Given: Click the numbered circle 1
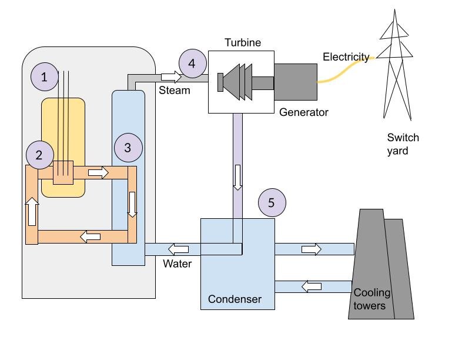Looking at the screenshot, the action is [x=45, y=76].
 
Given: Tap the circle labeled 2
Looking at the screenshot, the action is [x=40, y=155].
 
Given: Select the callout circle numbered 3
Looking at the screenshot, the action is [x=128, y=148].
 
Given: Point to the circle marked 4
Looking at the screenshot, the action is [x=193, y=64].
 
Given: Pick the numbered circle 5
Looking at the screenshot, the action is [x=272, y=202].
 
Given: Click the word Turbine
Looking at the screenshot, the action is [x=243, y=43].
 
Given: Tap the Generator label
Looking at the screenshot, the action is [x=303, y=112].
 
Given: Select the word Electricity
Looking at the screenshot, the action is [x=346, y=57].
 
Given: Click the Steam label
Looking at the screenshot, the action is [x=175, y=90].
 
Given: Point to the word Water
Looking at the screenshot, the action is [x=177, y=264].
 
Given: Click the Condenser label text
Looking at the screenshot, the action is [x=235, y=299].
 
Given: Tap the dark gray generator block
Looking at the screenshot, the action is [x=296, y=82].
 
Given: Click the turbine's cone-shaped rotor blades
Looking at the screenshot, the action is [x=237, y=82].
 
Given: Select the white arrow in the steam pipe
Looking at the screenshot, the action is [x=171, y=77].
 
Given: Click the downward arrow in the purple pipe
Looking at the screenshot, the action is [x=237, y=178].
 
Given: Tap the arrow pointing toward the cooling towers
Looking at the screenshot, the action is [x=312, y=249].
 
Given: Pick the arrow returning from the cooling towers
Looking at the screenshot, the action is [x=312, y=286].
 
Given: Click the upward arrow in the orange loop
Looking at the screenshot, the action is [x=32, y=211].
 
